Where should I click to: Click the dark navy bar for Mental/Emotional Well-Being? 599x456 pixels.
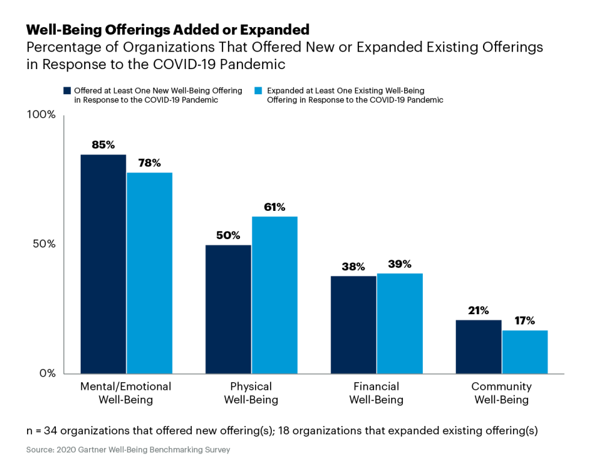click(x=103, y=264)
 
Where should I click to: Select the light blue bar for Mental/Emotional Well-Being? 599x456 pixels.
click(x=149, y=273)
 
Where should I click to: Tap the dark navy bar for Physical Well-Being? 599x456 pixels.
click(x=228, y=309)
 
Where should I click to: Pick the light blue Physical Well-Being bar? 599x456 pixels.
click(x=274, y=294)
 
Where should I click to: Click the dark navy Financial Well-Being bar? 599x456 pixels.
click(x=353, y=324)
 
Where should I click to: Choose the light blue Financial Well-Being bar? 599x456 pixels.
click(x=399, y=323)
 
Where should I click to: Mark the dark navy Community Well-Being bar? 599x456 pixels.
click(x=478, y=347)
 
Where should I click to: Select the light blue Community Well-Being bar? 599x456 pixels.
click(x=524, y=351)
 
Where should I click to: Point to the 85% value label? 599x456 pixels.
click(x=103, y=145)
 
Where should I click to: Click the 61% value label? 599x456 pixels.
click(x=274, y=207)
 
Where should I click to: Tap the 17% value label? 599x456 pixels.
click(x=524, y=321)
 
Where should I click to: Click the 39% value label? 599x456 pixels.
click(x=399, y=264)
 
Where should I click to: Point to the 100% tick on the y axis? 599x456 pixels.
click(x=41, y=115)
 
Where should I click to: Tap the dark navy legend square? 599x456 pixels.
click(x=67, y=91)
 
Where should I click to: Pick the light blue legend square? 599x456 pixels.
click(x=260, y=91)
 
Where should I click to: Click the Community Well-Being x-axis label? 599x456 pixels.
click(x=501, y=393)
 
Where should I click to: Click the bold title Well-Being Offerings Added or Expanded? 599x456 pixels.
click(x=168, y=29)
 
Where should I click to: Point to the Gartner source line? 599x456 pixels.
click(x=128, y=449)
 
